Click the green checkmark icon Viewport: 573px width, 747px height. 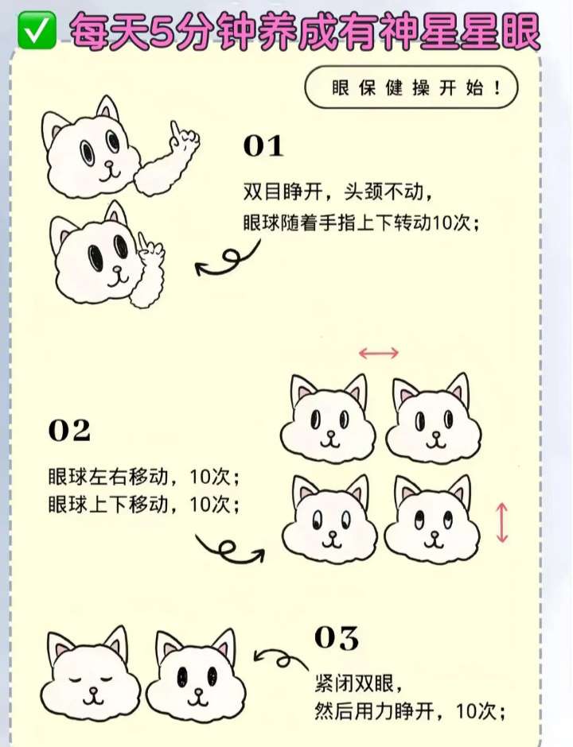pyautogui.click(x=37, y=30)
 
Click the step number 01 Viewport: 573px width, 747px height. pyautogui.click(x=263, y=145)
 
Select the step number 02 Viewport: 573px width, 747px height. pyautogui.click(x=69, y=430)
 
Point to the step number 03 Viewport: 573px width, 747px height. pyautogui.click(x=337, y=638)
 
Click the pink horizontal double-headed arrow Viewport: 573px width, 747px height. pyautogui.click(x=378, y=353)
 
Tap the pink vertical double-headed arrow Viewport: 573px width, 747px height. pyautogui.click(x=501, y=523)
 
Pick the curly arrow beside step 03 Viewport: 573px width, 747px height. pyautogui.click(x=281, y=660)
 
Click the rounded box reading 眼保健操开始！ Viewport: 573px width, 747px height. pyautogui.click(x=411, y=87)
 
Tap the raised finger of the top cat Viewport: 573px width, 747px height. pyautogui.click(x=177, y=131)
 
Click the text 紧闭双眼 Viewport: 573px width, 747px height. pyautogui.click(x=354, y=683)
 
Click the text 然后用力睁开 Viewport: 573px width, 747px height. pyautogui.click(x=374, y=712)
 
